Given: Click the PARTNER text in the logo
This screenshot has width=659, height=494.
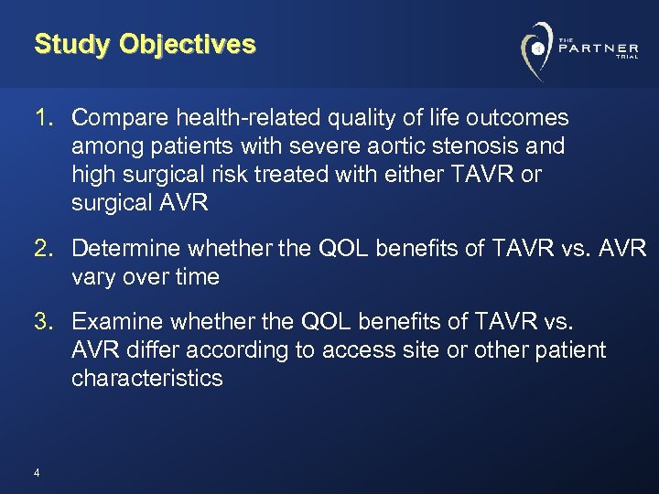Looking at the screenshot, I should [599, 48].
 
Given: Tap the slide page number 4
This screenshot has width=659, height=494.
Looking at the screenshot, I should [36, 473].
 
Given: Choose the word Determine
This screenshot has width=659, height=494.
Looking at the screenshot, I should [127, 248].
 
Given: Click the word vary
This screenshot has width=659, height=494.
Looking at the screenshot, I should [92, 276].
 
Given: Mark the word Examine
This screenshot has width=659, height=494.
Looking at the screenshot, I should [117, 321].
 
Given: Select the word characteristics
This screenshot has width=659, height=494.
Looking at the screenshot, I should [146, 378].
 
